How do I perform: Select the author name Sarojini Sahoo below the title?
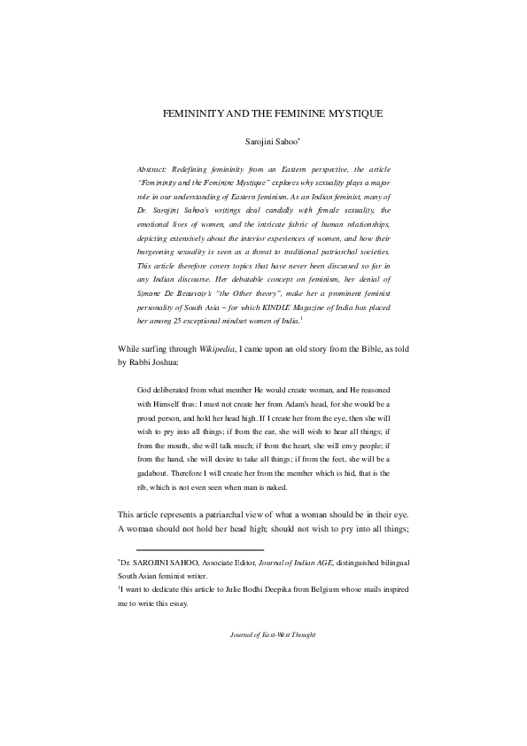click(x=268, y=142)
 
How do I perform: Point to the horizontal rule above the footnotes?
click(x=198, y=550)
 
